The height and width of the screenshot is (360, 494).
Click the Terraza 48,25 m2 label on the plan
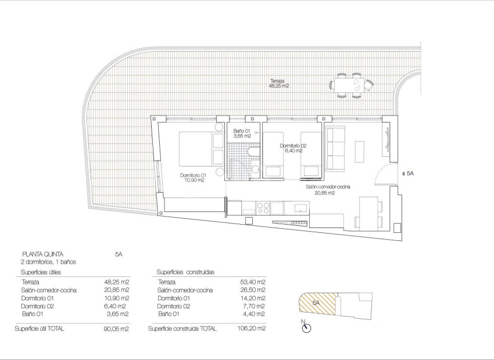click(279, 83)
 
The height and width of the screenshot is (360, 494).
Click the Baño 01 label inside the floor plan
click(241, 134)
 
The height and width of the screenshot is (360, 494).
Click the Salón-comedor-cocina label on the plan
click(327, 190)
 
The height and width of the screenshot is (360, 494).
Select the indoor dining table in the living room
click(368, 213)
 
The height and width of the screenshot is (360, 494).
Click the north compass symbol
click(306, 328)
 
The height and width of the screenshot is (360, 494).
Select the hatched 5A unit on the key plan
click(317, 304)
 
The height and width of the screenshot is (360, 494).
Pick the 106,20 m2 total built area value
click(254, 329)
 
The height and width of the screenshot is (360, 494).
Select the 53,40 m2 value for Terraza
click(253, 282)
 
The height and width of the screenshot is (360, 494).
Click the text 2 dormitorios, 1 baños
click(48, 262)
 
